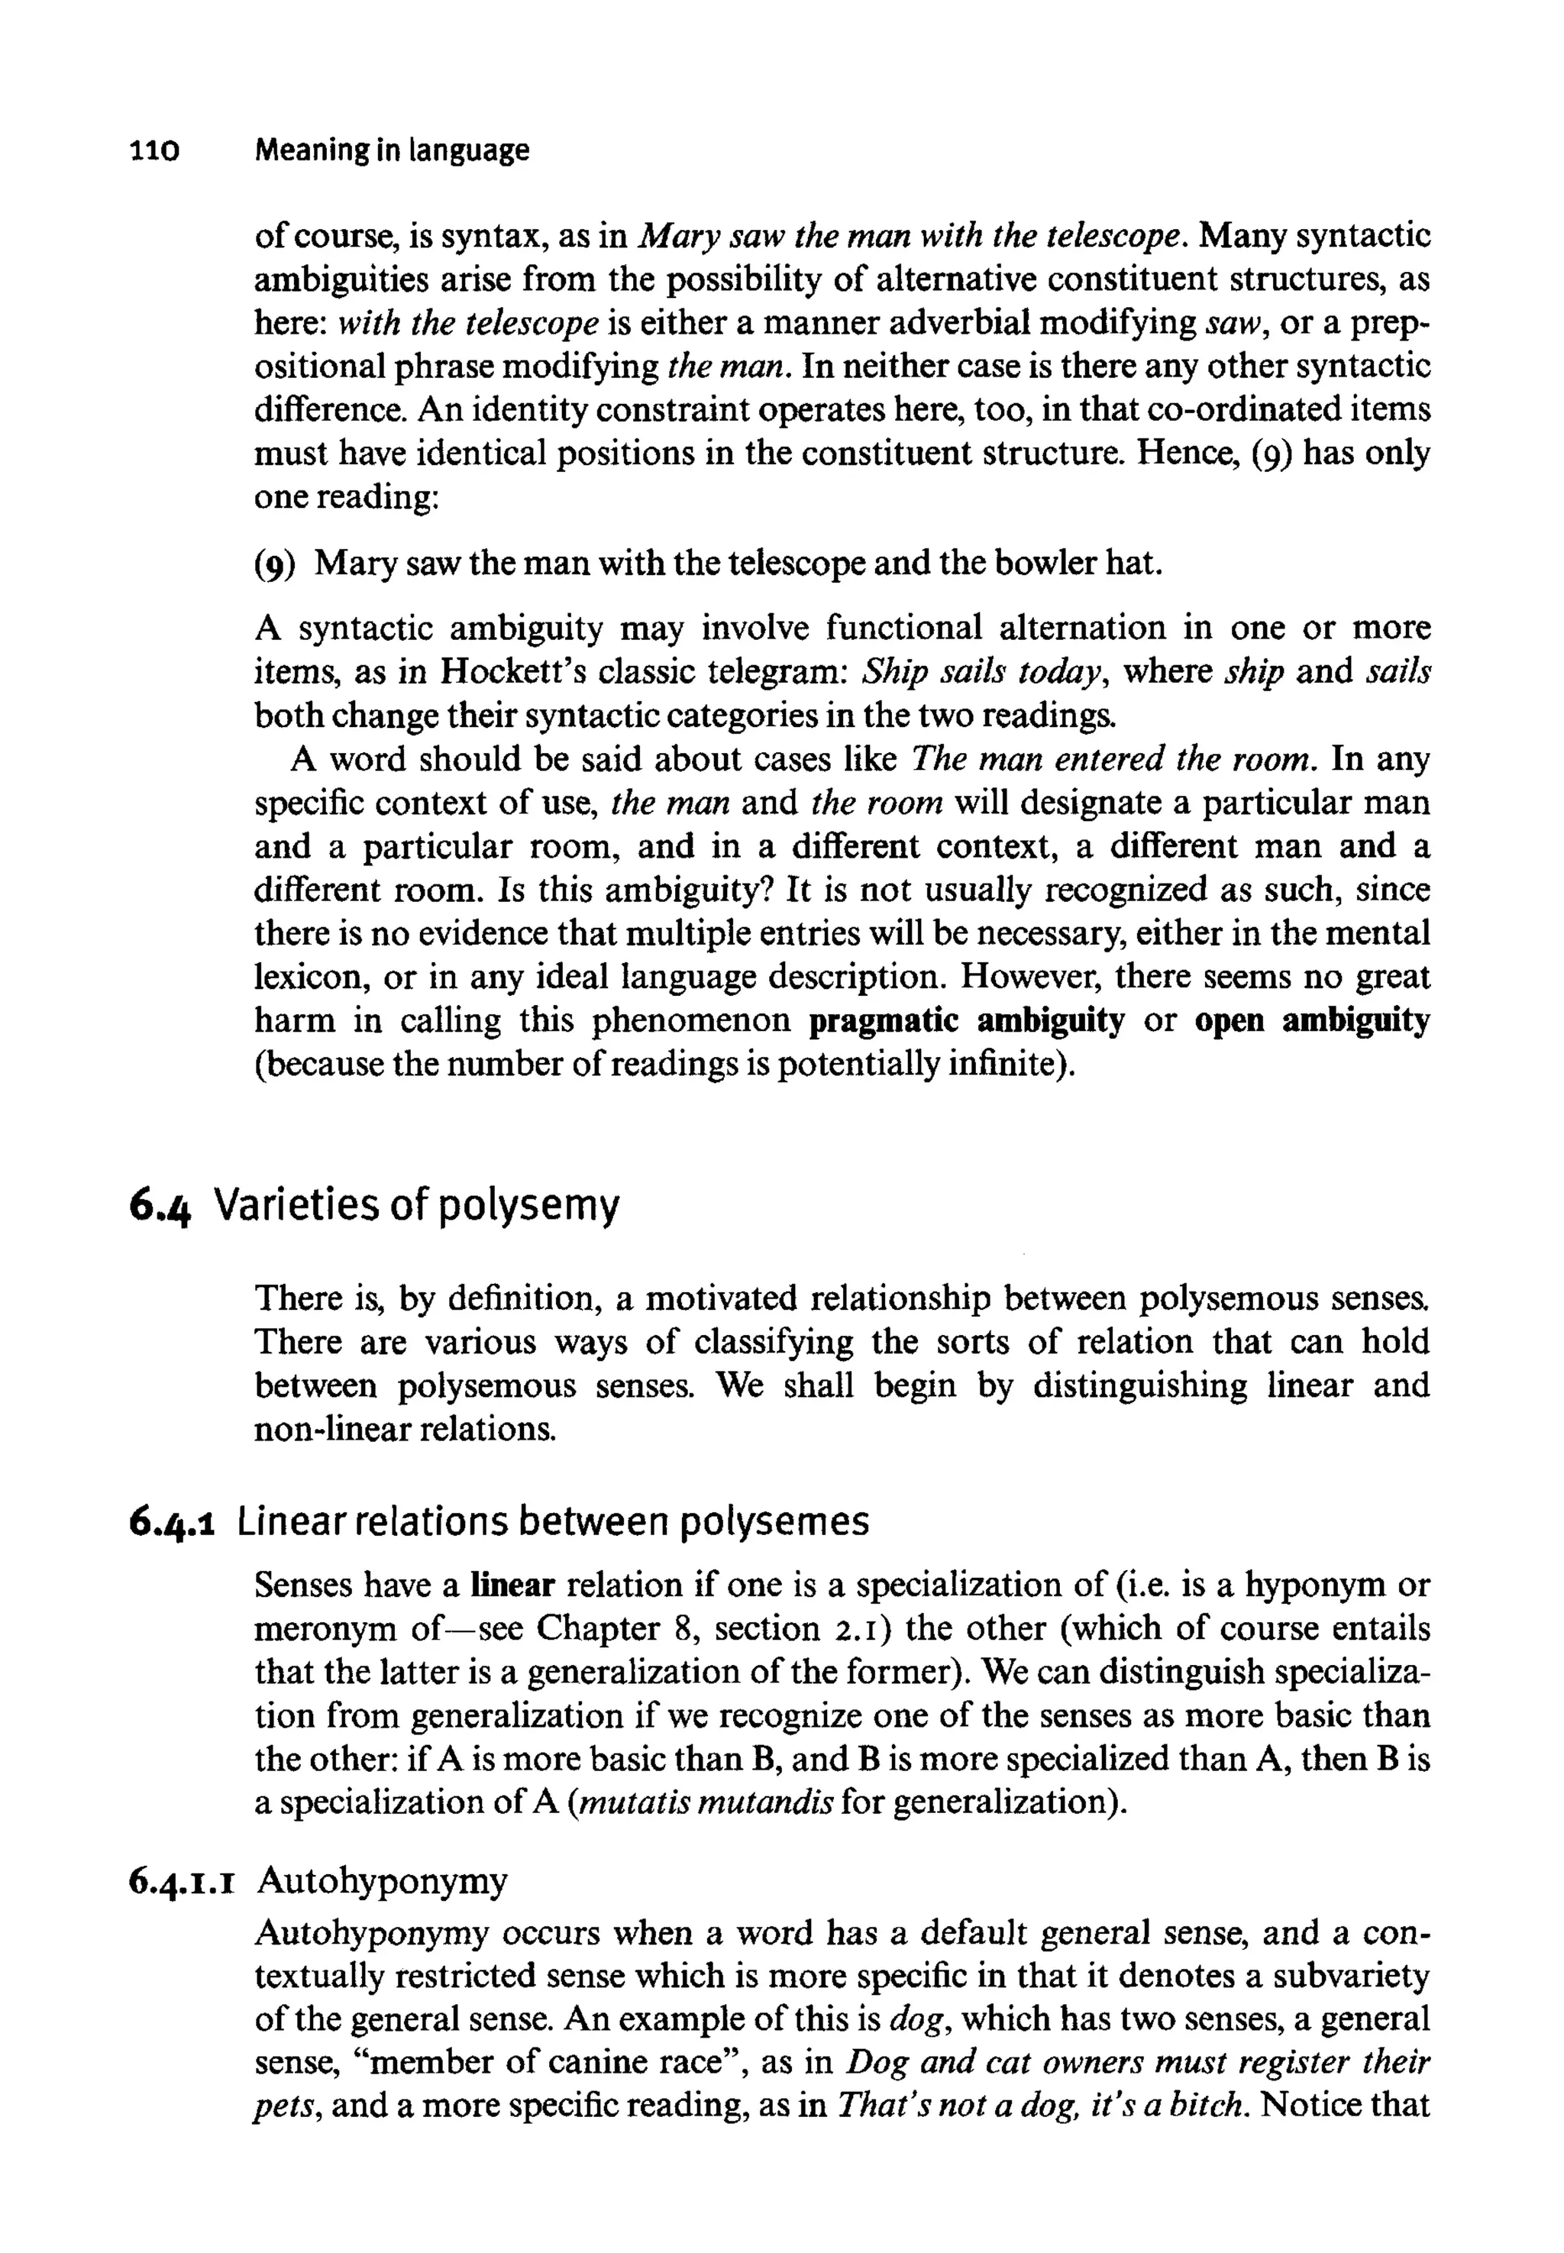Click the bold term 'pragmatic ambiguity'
(966, 1021)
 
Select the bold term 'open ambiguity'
(1311, 1021)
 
